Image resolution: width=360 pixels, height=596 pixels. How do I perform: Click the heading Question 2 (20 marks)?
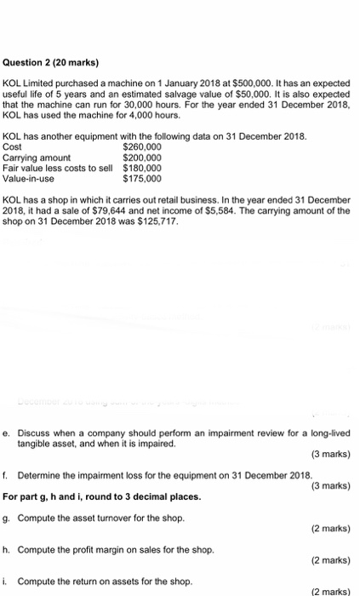tap(51, 62)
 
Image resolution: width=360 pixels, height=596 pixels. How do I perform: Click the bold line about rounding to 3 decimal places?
tap(102, 496)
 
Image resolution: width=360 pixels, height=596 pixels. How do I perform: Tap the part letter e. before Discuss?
tap(7, 434)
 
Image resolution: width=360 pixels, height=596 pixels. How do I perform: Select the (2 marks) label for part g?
tap(330, 528)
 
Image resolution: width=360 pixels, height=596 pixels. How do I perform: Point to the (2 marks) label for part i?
tap(330, 591)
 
